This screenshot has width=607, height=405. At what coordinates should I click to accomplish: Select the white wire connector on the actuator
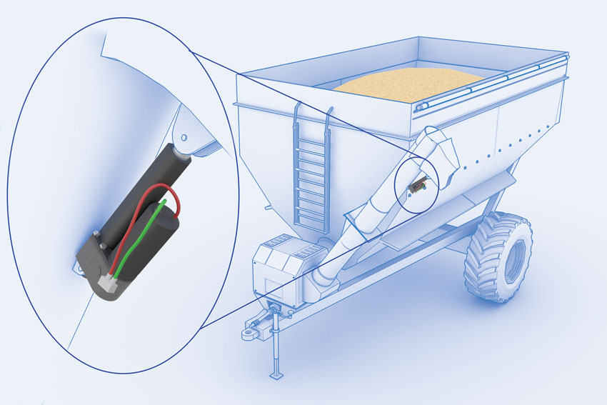[109, 279]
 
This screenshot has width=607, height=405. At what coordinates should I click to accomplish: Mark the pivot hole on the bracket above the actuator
[184, 136]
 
